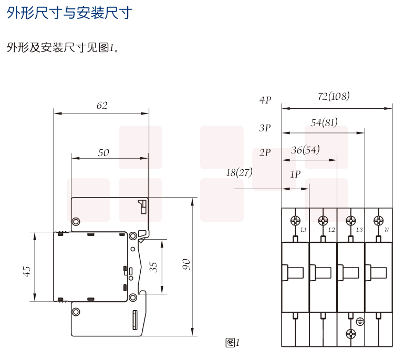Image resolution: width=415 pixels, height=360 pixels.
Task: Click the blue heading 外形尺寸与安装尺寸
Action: (x=69, y=13)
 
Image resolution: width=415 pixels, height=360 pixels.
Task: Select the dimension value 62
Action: (x=102, y=105)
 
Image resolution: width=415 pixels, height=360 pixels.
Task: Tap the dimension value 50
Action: (x=103, y=152)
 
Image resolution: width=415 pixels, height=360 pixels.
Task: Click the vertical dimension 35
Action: (x=153, y=266)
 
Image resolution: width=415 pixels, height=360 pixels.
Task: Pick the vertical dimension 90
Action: (x=185, y=265)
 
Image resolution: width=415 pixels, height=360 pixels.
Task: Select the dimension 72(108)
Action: (x=334, y=97)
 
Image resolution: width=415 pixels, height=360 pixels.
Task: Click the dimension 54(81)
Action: (x=324, y=123)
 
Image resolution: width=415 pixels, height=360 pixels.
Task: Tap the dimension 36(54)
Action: (x=305, y=150)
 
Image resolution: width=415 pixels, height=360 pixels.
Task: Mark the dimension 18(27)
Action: (x=239, y=172)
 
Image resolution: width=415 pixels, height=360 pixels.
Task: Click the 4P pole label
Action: (x=265, y=100)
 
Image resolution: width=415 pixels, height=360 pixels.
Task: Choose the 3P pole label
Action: (x=265, y=128)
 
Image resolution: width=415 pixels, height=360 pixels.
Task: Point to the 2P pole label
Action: (x=265, y=153)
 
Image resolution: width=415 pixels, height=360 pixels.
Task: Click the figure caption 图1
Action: (x=232, y=343)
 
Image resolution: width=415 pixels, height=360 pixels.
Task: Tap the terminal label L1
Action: (x=304, y=230)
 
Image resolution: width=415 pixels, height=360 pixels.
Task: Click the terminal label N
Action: (x=386, y=230)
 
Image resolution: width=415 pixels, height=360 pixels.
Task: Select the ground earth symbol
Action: (x=360, y=322)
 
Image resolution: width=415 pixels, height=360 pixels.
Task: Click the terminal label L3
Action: (x=359, y=230)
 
